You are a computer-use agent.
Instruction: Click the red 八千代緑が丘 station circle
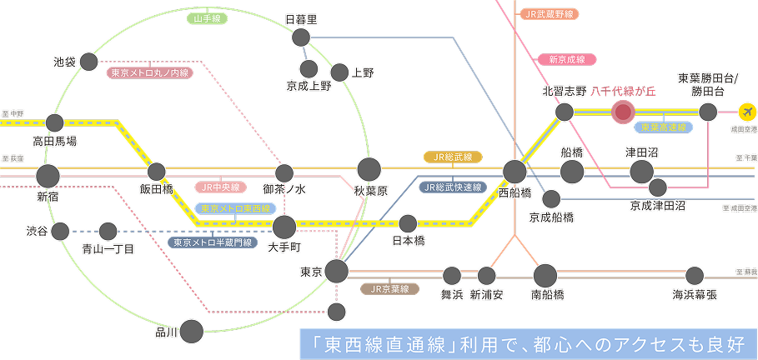(x=622, y=112)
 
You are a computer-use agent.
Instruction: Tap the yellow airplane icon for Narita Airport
(x=748, y=112)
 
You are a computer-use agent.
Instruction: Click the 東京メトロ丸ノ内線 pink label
(x=151, y=72)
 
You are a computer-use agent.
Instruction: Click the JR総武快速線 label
(x=453, y=187)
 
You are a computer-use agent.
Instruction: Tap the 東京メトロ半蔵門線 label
(x=209, y=242)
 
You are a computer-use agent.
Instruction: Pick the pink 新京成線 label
(x=567, y=59)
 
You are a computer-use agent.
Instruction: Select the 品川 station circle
(x=192, y=331)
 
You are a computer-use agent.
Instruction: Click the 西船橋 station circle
(x=514, y=172)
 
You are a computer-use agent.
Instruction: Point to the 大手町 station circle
(x=284, y=226)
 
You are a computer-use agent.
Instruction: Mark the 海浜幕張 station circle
(x=695, y=275)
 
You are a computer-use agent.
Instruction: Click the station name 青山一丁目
(x=108, y=248)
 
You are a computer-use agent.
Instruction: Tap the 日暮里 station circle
(x=301, y=37)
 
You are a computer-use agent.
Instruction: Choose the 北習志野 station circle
(x=565, y=112)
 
